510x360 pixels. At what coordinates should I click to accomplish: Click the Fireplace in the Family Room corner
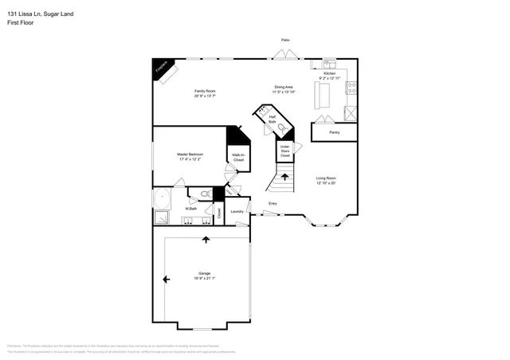pos(160,69)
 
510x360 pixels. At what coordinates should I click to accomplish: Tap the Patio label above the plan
pos(284,40)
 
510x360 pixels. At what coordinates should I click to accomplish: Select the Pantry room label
pos(334,132)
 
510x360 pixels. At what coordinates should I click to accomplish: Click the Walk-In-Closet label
pos(238,158)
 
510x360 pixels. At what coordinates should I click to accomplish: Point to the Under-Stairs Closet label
pos(284,150)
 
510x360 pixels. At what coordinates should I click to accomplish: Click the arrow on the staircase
pos(284,176)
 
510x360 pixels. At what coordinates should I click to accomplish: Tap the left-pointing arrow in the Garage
pos(166,279)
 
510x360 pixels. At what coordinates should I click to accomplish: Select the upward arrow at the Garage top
pos(206,239)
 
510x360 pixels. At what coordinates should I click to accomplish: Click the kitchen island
pos(323,96)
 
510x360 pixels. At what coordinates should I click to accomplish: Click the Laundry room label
pos(237,211)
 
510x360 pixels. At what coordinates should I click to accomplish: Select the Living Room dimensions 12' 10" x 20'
pos(326,182)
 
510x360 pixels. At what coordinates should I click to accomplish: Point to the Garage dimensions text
pos(205,278)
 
